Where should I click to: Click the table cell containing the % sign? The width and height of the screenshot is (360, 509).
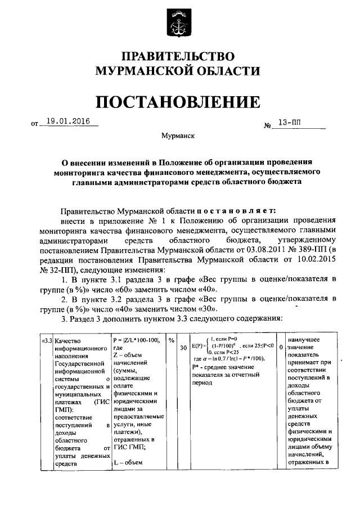(x=172, y=340)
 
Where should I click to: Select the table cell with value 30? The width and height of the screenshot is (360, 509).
(x=183, y=348)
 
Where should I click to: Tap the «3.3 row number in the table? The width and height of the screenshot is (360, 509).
(x=39, y=340)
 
